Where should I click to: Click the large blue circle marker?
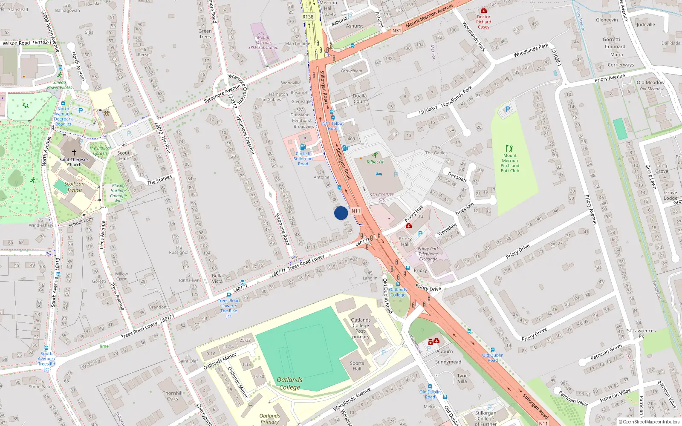tap(341, 213)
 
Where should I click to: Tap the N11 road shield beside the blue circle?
tap(356, 211)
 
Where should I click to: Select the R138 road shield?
tap(308, 17)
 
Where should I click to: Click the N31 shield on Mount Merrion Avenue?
tap(396, 31)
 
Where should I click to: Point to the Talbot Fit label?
tap(375, 162)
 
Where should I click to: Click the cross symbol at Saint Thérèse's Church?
tap(74, 152)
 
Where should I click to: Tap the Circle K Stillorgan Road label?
tap(303, 158)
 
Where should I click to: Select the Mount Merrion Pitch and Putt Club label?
tap(510, 163)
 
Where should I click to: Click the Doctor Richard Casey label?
tap(483, 22)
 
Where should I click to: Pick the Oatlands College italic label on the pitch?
tap(289, 383)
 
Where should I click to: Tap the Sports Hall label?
tap(357, 366)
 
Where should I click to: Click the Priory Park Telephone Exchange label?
tap(428, 254)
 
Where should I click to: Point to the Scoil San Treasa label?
tap(74, 187)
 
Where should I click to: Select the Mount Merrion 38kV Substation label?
tap(263, 42)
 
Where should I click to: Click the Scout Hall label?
tap(123, 155)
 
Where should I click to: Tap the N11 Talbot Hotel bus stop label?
tap(333, 126)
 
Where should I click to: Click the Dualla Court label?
tap(359, 98)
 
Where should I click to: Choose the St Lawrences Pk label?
tap(641, 333)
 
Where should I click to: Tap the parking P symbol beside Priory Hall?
tap(420, 233)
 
